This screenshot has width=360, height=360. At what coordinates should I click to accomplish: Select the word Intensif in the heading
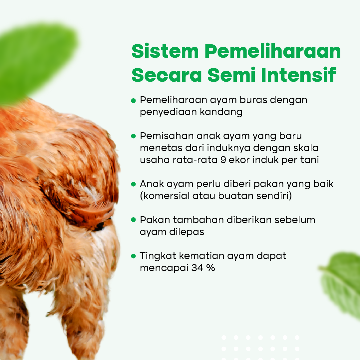299,74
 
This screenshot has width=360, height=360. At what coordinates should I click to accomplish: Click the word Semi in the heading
231,74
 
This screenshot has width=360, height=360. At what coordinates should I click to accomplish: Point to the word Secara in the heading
167,75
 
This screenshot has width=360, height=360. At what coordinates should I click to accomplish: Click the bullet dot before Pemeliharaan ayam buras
134,101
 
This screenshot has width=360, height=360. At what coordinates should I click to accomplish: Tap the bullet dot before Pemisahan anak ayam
134,136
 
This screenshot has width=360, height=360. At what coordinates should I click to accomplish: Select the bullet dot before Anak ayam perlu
134,184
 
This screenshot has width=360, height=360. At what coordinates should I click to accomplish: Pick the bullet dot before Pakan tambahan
134,220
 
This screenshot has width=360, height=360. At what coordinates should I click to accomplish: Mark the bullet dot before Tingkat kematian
134,256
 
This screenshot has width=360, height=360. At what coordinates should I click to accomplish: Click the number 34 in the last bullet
197,268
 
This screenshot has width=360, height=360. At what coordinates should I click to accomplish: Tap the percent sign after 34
210,268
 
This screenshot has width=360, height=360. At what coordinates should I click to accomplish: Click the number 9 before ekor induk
223,160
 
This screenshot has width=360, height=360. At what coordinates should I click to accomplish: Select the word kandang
221,112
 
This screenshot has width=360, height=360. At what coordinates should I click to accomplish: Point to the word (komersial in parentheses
165,196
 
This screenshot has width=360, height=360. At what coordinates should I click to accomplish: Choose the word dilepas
186,232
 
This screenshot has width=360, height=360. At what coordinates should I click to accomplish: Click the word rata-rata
195,160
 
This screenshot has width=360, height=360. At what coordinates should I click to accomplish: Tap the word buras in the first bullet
253,100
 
